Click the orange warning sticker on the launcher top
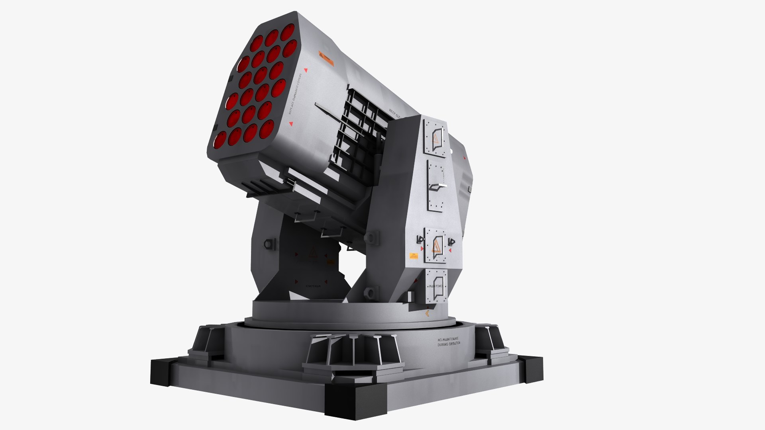point(326,58)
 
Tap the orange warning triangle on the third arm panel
point(436,246)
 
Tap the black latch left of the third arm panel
point(419,240)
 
